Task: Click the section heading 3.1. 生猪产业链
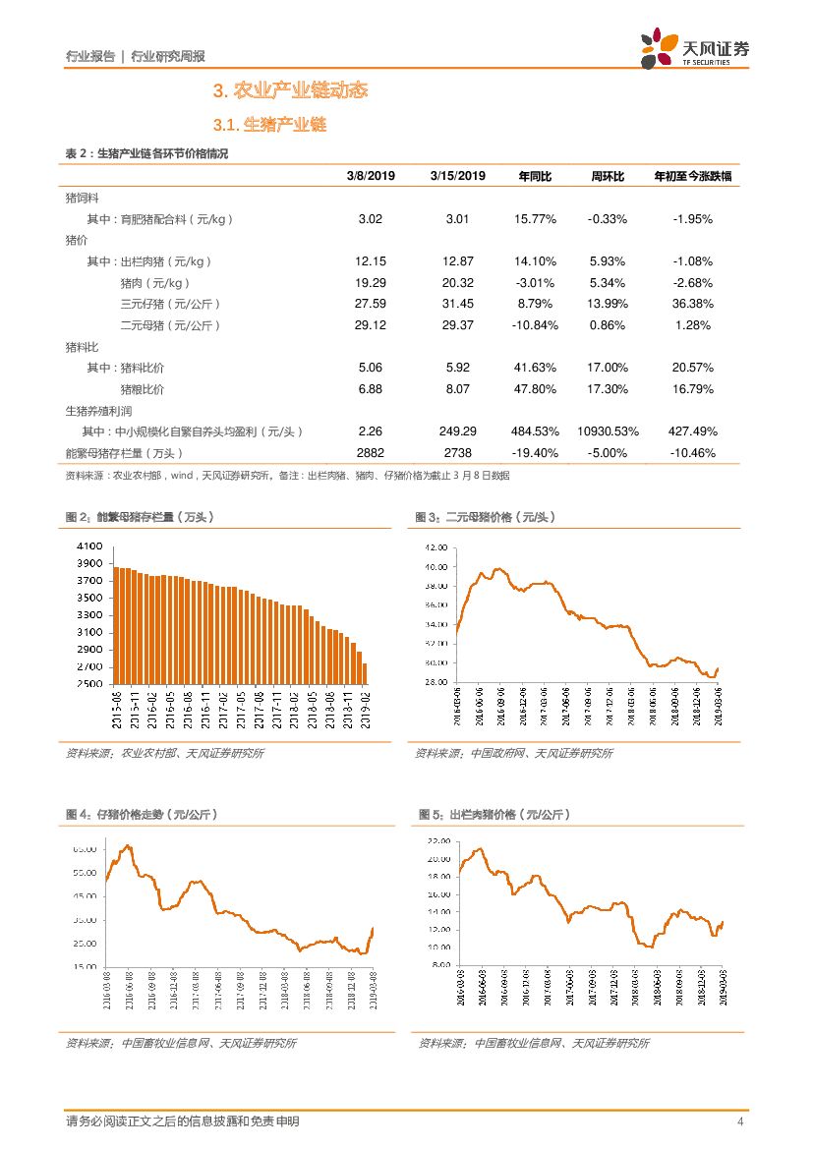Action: click(269, 125)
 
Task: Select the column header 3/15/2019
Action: click(457, 176)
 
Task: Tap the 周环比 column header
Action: click(608, 176)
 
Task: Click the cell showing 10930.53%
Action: click(608, 431)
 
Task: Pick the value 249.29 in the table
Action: click(457, 431)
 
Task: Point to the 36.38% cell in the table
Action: click(693, 304)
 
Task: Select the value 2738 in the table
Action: click(457, 453)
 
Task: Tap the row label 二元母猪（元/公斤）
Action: click(170, 325)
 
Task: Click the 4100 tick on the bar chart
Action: click(88, 546)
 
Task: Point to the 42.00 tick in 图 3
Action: click(436, 547)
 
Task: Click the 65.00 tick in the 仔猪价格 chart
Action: click(84, 849)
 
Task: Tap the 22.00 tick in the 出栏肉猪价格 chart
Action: click(438, 842)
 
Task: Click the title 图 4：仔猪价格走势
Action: click(142, 815)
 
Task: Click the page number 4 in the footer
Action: click(739, 1121)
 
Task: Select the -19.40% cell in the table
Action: click(535, 453)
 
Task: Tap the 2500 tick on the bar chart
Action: click(88, 684)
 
